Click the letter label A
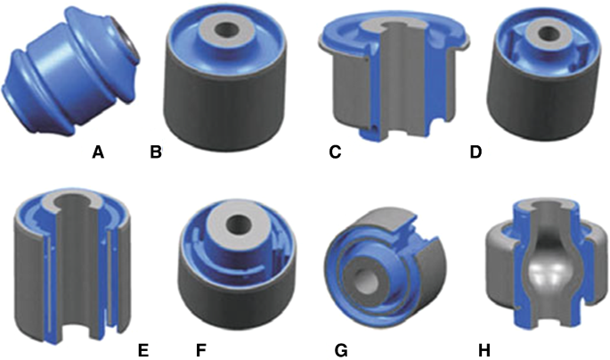tap(98, 152)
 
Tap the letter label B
tap(156, 152)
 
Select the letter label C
tap(335, 152)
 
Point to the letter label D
tap(476, 152)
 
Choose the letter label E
tap(143, 351)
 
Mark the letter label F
tap(200, 351)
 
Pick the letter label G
tap(341, 351)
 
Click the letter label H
tap(484, 351)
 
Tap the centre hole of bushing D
tap(549, 30)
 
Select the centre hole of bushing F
tap(239, 225)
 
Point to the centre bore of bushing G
tap(366, 279)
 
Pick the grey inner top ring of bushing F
tap(238, 225)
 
